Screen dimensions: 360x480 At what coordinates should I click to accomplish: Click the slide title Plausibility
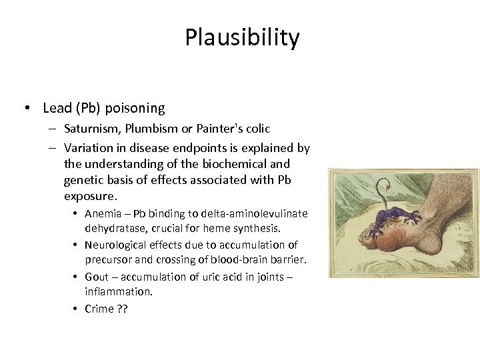pyautogui.click(x=242, y=38)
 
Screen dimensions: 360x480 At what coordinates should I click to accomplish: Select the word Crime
pyautogui.click(x=99, y=309)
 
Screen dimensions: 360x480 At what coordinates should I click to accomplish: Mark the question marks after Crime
pyautogui.click(x=122, y=309)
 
